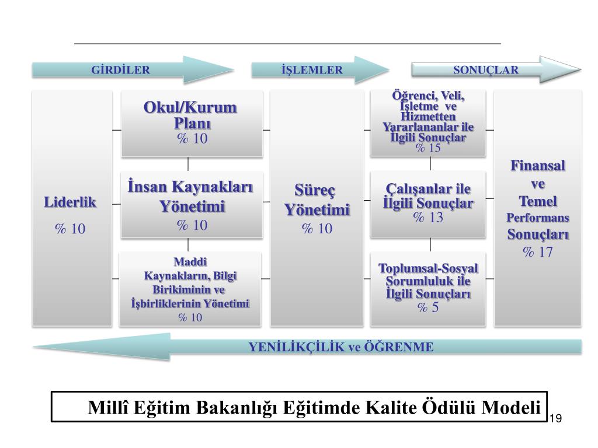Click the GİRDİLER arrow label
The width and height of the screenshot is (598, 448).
click(x=121, y=70)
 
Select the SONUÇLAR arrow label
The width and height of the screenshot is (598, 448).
click(x=486, y=70)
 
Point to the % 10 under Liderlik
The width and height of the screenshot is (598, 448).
click(x=70, y=229)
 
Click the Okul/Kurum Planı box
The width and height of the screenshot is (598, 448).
click(x=192, y=123)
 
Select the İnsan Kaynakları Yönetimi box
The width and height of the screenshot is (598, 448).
click(x=192, y=204)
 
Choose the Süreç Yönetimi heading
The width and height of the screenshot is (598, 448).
click(x=317, y=200)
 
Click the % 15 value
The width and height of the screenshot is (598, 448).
click(x=428, y=148)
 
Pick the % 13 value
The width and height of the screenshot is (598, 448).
click(x=428, y=218)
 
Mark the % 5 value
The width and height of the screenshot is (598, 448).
click(x=428, y=307)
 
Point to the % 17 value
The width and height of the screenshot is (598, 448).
click(x=537, y=252)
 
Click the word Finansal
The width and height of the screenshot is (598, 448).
click(x=538, y=166)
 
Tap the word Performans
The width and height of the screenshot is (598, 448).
click(x=538, y=218)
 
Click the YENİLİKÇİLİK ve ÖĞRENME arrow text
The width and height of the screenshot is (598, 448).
click(x=341, y=347)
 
